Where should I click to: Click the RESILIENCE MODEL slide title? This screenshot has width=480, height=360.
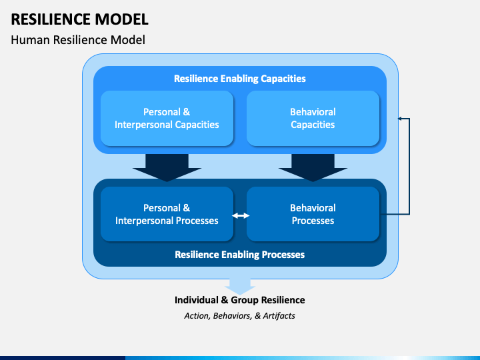pos(79,19)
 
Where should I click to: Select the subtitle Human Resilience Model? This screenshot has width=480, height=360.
pos(78,40)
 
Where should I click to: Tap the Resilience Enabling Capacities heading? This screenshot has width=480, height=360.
pos(240,79)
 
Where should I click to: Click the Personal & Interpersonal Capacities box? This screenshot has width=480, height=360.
pos(167,118)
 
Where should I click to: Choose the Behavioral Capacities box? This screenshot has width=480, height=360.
pos(313,118)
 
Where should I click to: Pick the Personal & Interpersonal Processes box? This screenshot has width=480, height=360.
pos(167,214)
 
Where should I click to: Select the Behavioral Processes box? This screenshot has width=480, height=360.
pos(313,214)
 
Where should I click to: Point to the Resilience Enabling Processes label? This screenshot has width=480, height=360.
pos(240,255)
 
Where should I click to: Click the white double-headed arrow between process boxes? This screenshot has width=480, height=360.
pos(241,216)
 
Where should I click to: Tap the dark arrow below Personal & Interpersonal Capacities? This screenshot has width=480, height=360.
pos(167,167)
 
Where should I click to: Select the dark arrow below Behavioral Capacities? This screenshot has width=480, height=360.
pos(313,167)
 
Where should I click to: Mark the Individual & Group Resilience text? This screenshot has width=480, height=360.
pos(240,300)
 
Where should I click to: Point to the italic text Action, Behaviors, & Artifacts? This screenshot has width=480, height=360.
pos(240,315)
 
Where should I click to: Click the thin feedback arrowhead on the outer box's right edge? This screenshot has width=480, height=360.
pos(399,119)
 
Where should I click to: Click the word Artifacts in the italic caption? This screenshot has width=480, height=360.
pos(279,315)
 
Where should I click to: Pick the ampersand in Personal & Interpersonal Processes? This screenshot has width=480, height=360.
pos(186,208)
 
